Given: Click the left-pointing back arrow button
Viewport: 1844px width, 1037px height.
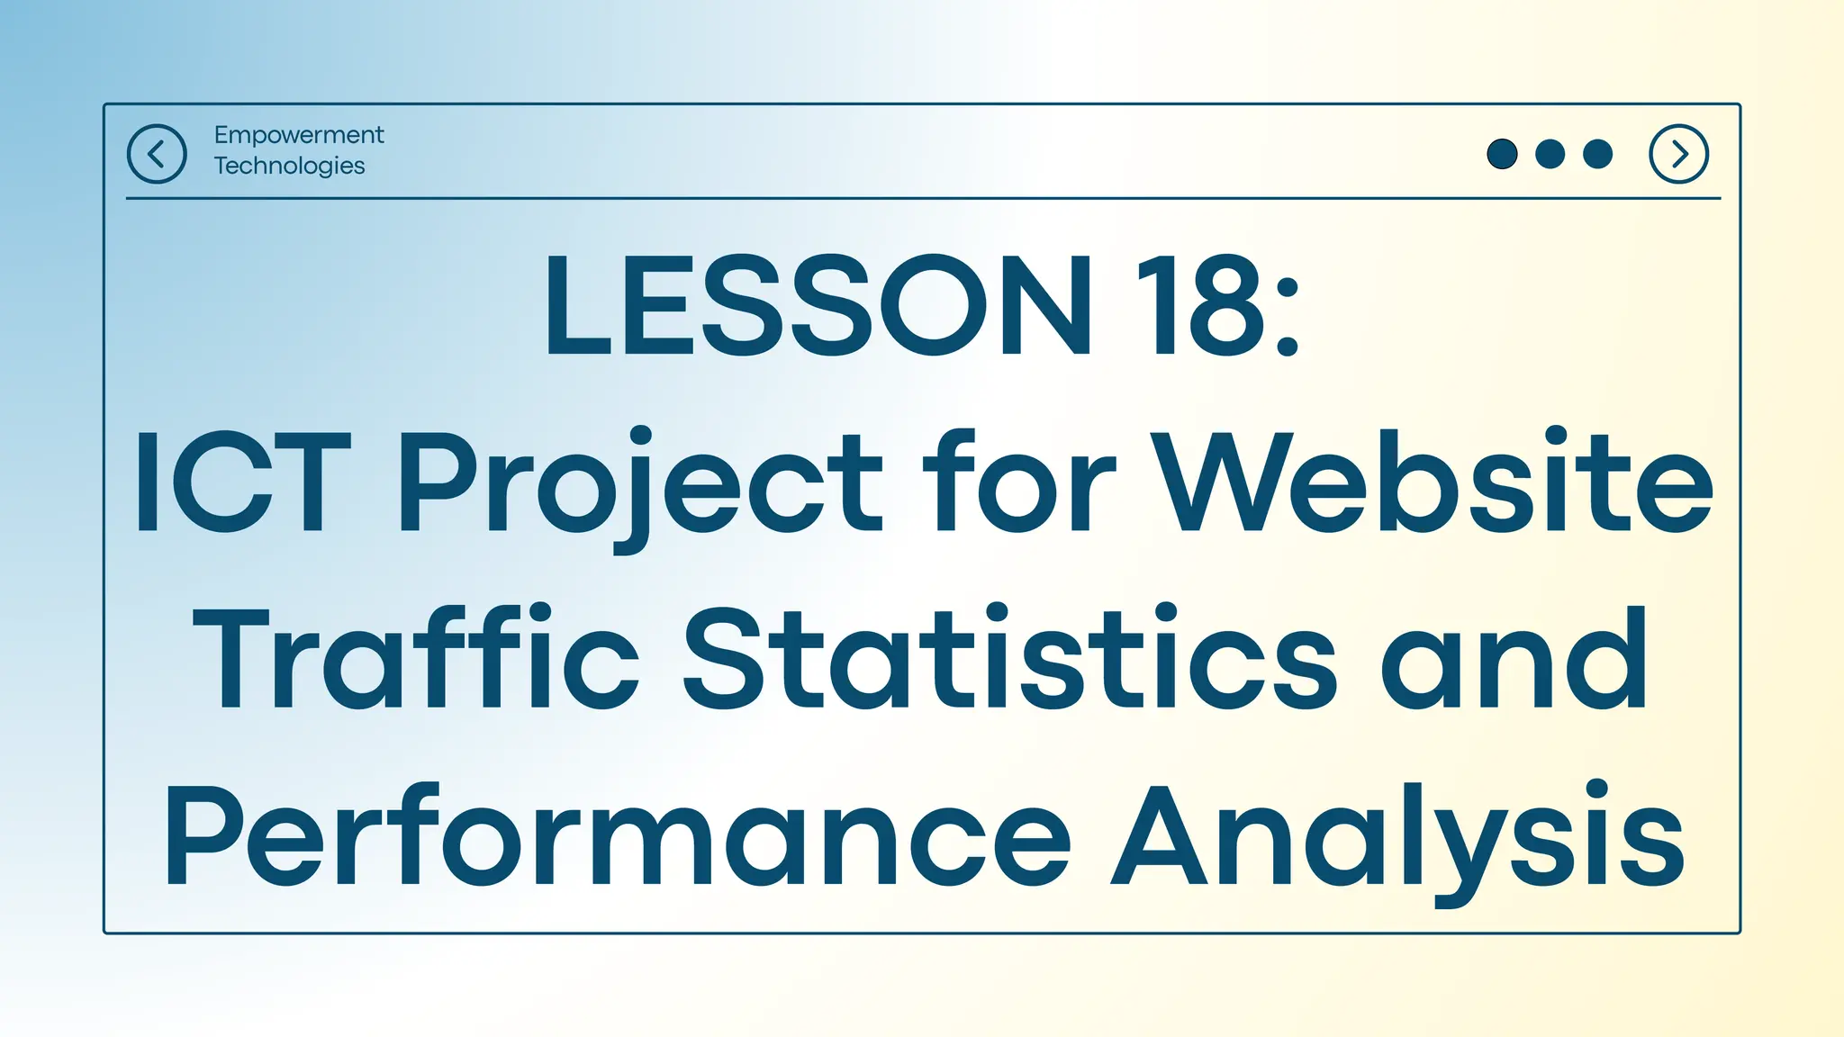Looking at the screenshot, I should [157, 154].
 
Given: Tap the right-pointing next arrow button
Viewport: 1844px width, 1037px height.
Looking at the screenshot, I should [1678, 154].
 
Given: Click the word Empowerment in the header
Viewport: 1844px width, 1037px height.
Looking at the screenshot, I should [299, 135].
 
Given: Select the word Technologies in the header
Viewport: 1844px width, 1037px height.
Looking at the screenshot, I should [289, 166].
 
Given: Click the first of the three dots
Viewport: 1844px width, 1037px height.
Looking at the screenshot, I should [1502, 154].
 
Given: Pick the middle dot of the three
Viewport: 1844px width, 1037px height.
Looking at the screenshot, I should [1550, 154].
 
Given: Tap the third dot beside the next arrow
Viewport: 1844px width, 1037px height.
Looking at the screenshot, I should [1597, 154].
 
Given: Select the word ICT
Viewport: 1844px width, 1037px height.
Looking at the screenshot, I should [241, 482].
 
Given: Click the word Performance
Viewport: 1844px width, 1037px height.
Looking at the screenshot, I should [616, 837].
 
